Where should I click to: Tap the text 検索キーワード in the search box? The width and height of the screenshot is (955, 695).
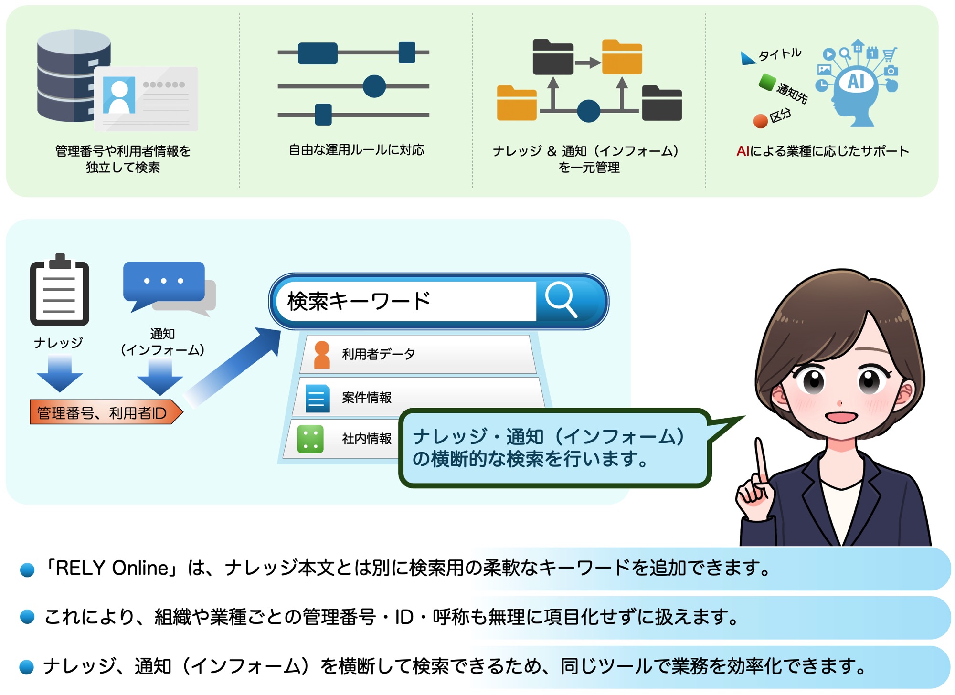pyautogui.click(x=359, y=301)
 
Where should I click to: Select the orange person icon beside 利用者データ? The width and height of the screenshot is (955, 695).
pyautogui.click(x=322, y=355)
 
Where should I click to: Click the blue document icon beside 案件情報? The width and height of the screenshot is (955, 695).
pyautogui.click(x=318, y=398)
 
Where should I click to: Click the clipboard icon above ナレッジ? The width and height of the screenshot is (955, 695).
pyautogui.click(x=60, y=290)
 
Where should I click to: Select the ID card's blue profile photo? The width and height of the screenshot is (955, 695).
pyautogui.click(x=119, y=95)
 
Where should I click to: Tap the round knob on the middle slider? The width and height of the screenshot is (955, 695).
pyautogui.click(x=374, y=86)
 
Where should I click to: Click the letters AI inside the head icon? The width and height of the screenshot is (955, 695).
pyautogui.click(x=856, y=82)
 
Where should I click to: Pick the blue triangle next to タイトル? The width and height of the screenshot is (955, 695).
pyautogui.click(x=747, y=58)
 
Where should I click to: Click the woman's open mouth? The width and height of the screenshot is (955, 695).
pyautogui.click(x=841, y=417)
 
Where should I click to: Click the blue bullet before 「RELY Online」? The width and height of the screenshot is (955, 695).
pyautogui.click(x=27, y=569)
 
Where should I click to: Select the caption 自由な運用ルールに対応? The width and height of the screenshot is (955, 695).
pyautogui.click(x=357, y=150)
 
